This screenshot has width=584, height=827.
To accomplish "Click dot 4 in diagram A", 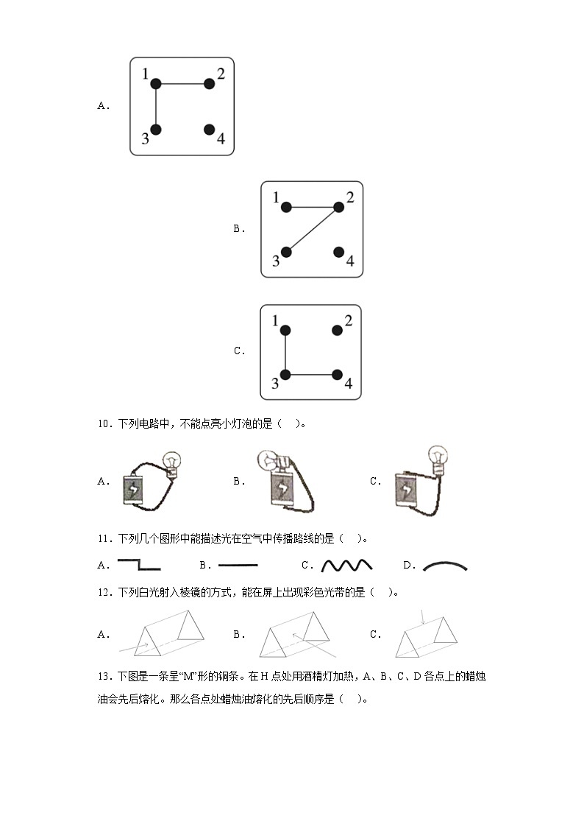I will [x=209, y=130].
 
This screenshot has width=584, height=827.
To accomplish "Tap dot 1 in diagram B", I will [x=286, y=207].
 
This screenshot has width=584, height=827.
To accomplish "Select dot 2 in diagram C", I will [x=337, y=330].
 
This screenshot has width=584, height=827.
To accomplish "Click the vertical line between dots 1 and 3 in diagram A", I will [x=155, y=107].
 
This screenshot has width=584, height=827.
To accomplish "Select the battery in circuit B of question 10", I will [x=280, y=489].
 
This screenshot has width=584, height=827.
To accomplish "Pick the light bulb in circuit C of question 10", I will [x=438, y=457].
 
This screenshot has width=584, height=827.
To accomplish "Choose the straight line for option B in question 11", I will [x=238, y=565].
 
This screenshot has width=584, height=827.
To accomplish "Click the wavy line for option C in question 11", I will [x=347, y=566].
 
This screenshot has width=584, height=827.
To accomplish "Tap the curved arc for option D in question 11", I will [x=445, y=566].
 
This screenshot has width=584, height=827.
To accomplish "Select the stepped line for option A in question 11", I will [x=138, y=565].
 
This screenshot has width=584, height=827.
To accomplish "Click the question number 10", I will [x=103, y=423].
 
